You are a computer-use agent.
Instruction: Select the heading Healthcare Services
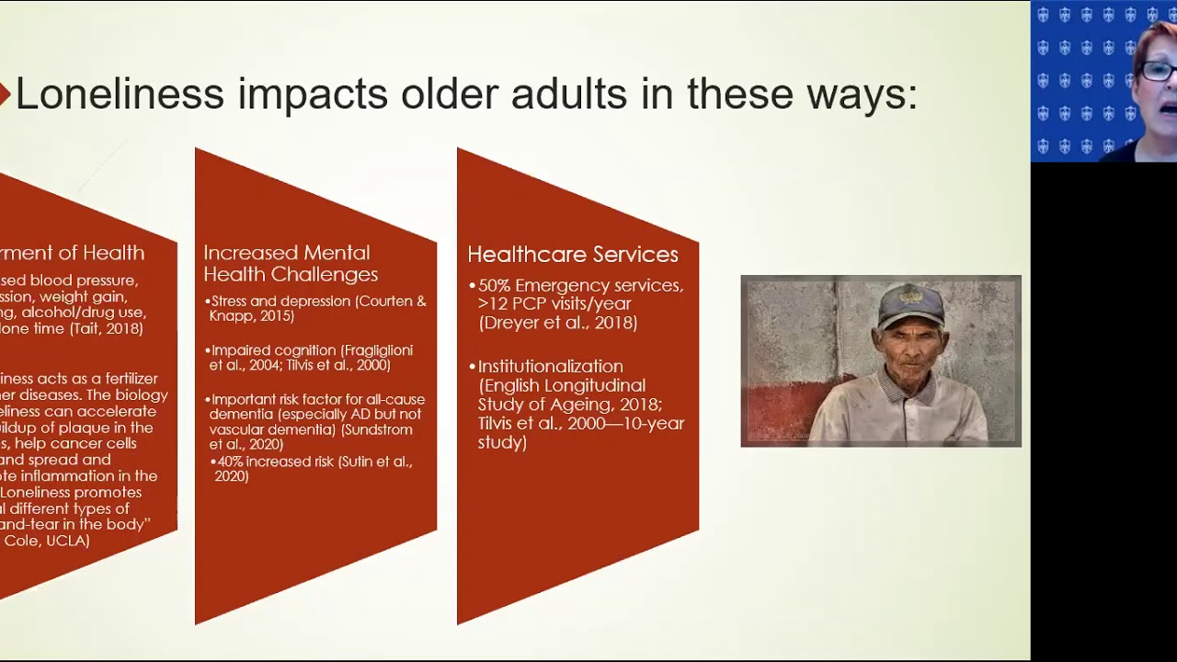572,255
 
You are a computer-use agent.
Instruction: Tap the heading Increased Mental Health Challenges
291,263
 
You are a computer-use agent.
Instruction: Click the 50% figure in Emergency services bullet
494,286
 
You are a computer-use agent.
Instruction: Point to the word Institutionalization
550,366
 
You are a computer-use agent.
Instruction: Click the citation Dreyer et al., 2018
557,323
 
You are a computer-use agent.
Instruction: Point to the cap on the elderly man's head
910,304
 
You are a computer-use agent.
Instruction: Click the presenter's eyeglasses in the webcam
1159,71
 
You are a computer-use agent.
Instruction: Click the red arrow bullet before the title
5,94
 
